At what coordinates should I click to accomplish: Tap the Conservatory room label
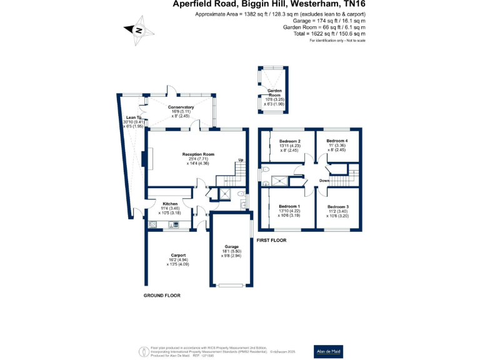[x=181, y=107]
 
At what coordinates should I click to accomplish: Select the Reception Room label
[x=198, y=154]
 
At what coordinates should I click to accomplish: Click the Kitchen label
[x=171, y=204]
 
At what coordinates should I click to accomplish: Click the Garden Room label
[x=271, y=95]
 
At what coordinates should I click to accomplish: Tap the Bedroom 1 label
[x=289, y=206]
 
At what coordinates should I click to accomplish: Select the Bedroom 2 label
[x=290, y=141]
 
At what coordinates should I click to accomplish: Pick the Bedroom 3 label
[x=338, y=206]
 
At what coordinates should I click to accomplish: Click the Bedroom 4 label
[x=337, y=141]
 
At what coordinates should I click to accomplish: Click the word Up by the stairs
[x=241, y=161]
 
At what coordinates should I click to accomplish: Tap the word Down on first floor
[x=324, y=181]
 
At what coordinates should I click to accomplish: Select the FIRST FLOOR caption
[x=271, y=240]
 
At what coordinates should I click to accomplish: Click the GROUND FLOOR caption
[x=162, y=295]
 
